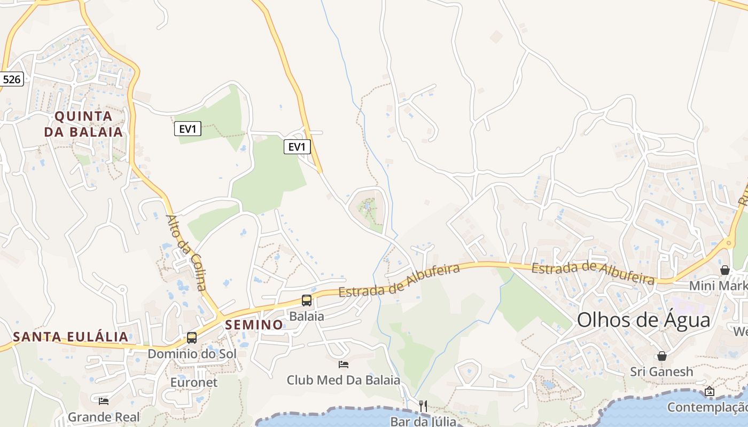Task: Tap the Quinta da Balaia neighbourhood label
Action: tap(83, 124)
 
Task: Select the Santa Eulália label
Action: tap(71, 337)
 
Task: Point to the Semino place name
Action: tap(254, 325)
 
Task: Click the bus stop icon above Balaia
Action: tap(307, 300)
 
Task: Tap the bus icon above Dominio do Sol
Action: tap(192, 338)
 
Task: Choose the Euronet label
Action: tap(194, 382)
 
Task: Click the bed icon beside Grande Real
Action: tap(104, 400)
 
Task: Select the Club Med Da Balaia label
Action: tap(344, 380)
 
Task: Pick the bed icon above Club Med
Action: tap(344, 365)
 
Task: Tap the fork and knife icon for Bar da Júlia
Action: tap(423, 406)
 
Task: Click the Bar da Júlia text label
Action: tap(423, 422)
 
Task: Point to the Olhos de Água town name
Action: tap(644, 320)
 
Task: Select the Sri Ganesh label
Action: tap(661, 371)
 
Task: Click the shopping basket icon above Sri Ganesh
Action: tap(662, 356)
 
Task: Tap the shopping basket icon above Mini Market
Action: tap(725, 270)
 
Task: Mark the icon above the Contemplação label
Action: tap(710, 391)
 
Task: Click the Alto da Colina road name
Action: tap(186, 252)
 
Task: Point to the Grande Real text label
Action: tap(104, 417)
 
